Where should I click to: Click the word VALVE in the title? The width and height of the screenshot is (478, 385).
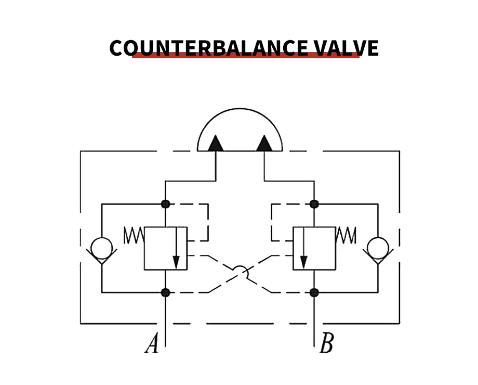click(x=346, y=48)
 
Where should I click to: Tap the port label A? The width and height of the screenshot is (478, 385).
click(x=151, y=344)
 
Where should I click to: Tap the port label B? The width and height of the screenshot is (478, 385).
click(x=326, y=344)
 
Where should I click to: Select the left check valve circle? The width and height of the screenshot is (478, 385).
click(x=101, y=247)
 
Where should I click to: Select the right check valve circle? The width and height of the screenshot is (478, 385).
click(x=378, y=247)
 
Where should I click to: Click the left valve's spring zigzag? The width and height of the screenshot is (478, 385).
click(x=133, y=236)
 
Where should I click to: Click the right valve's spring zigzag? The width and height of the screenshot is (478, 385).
click(x=347, y=236)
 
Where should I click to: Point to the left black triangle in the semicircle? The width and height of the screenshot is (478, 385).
click(x=216, y=143)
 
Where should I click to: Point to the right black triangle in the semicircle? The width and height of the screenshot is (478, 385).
click(x=264, y=143)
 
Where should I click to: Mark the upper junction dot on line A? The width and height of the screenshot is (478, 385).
click(x=165, y=204)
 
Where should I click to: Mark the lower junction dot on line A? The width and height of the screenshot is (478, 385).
click(x=165, y=292)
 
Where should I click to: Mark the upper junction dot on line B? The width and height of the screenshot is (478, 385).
click(x=314, y=204)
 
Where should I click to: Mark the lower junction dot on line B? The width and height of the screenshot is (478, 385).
click(x=314, y=292)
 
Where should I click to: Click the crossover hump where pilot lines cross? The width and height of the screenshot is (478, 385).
click(x=240, y=271)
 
